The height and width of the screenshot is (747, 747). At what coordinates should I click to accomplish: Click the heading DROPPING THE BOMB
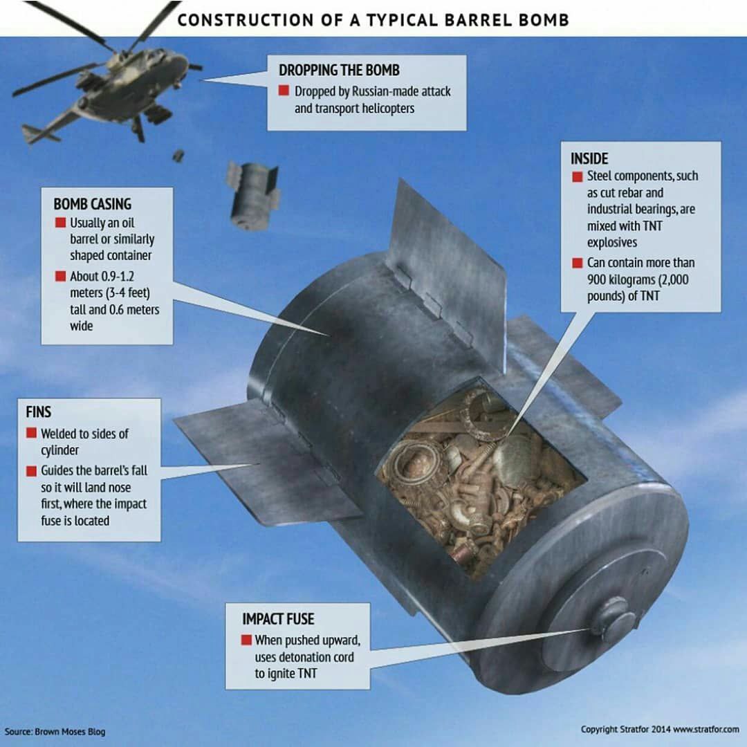click(339, 71)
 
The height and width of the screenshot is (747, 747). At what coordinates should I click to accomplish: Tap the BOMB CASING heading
click(93, 204)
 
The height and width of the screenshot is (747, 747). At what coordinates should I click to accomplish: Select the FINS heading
click(39, 412)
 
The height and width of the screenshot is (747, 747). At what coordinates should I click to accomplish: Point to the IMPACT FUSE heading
click(278, 619)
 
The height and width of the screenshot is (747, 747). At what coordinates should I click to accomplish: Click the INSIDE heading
click(589, 158)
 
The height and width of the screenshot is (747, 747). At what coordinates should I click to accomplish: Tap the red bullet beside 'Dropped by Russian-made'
click(284, 91)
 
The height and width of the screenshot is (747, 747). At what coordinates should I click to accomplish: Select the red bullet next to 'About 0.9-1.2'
click(60, 276)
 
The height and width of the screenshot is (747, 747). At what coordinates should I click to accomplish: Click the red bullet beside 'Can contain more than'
click(578, 263)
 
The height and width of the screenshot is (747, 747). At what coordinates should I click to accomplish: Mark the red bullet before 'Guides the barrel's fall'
click(31, 471)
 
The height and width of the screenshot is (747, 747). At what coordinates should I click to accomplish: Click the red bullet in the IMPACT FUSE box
click(246, 639)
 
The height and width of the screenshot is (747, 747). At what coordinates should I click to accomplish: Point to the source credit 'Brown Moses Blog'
click(70, 732)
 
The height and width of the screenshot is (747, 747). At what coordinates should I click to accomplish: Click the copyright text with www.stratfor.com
click(660, 730)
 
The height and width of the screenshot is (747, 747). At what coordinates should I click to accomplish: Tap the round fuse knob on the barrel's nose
click(612, 618)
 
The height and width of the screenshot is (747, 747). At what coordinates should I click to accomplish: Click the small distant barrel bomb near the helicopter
click(252, 196)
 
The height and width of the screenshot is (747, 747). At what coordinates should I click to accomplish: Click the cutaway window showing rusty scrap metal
click(479, 479)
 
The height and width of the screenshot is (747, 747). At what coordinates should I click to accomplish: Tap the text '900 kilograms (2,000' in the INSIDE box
click(638, 279)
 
